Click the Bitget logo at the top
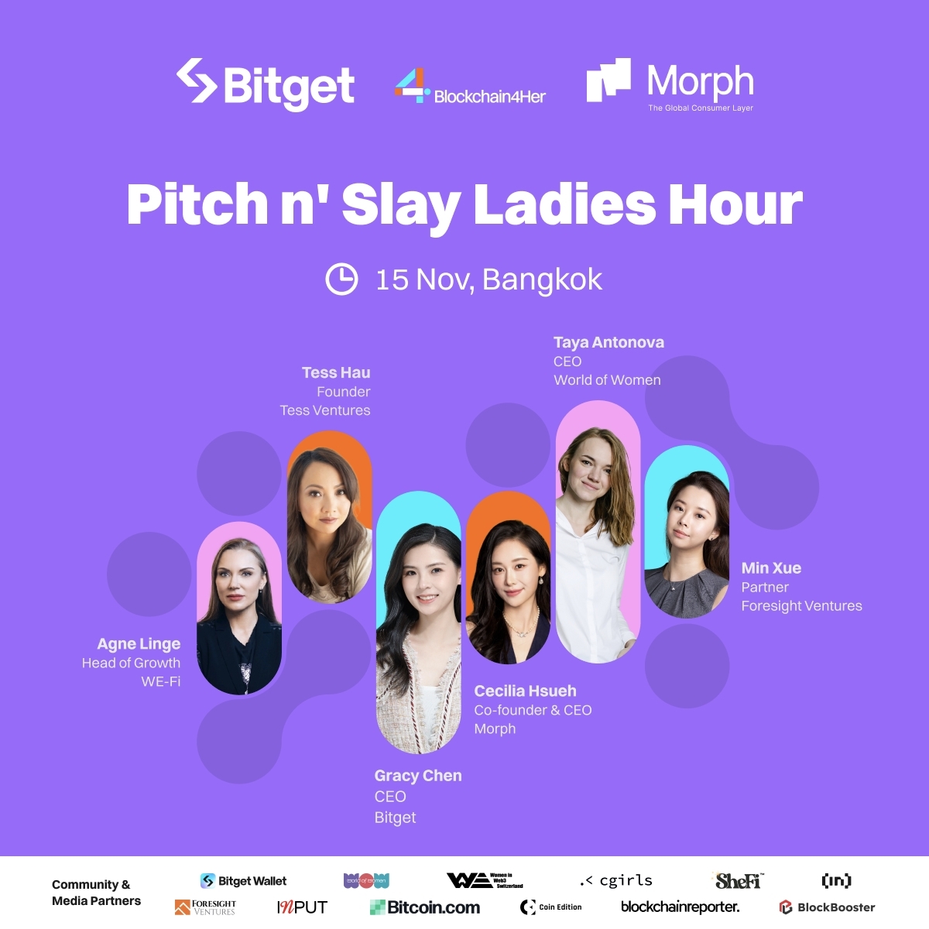[266, 84]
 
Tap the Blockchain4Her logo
[470, 87]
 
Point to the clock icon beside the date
[341, 279]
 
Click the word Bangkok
[542, 279]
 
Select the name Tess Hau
[336, 372]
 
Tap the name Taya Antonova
[608, 342]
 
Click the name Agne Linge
[139, 644]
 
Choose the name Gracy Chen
[418, 776]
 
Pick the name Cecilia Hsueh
[525, 691]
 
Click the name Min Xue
[771, 568]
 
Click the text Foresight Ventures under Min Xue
[801, 606]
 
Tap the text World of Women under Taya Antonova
[607, 380]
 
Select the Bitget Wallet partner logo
[243, 881]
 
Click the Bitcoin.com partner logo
[425, 907]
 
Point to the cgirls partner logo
[616, 881]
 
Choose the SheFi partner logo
[739, 881]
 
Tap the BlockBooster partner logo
[827, 907]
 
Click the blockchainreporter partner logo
[680, 907]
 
